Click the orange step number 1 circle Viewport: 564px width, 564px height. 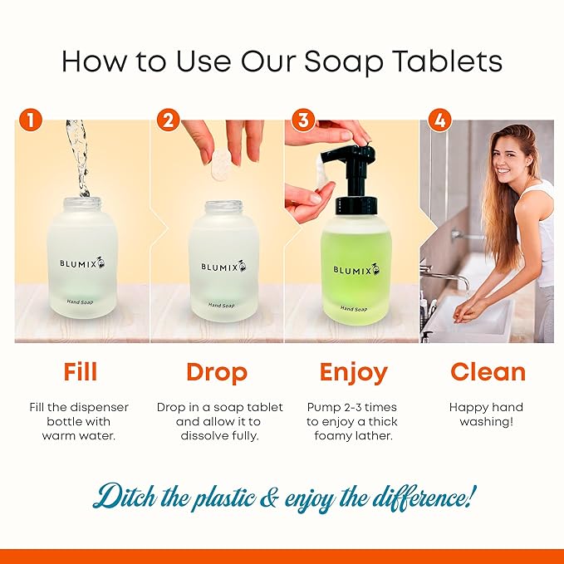[x=31, y=120]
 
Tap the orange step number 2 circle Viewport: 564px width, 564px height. [x=168, y=120]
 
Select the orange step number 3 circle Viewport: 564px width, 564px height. [x=302, y=120]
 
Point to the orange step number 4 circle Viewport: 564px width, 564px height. [x=438, y=120]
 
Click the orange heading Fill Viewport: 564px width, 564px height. [x=81, y=371]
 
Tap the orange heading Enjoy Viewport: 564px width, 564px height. [x=352, y=372]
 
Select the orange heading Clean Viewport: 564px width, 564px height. [x=488, y=371]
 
